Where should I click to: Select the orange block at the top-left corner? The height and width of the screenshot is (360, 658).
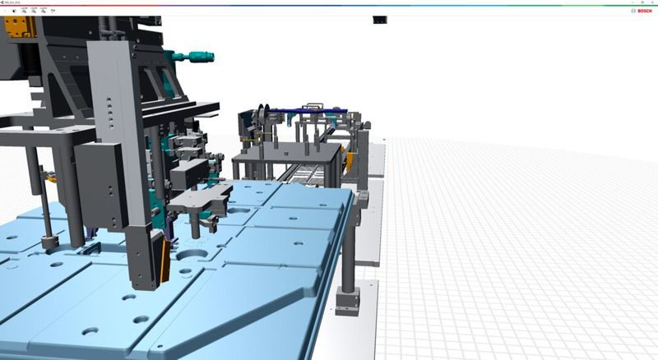(16, 27)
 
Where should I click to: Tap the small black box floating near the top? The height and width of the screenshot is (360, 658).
(379, 20)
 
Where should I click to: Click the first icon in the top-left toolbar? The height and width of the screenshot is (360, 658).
(14, 11)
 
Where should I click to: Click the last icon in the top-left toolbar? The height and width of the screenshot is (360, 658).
(53, 11)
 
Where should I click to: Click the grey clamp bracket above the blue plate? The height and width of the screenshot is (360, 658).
(202, 197)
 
